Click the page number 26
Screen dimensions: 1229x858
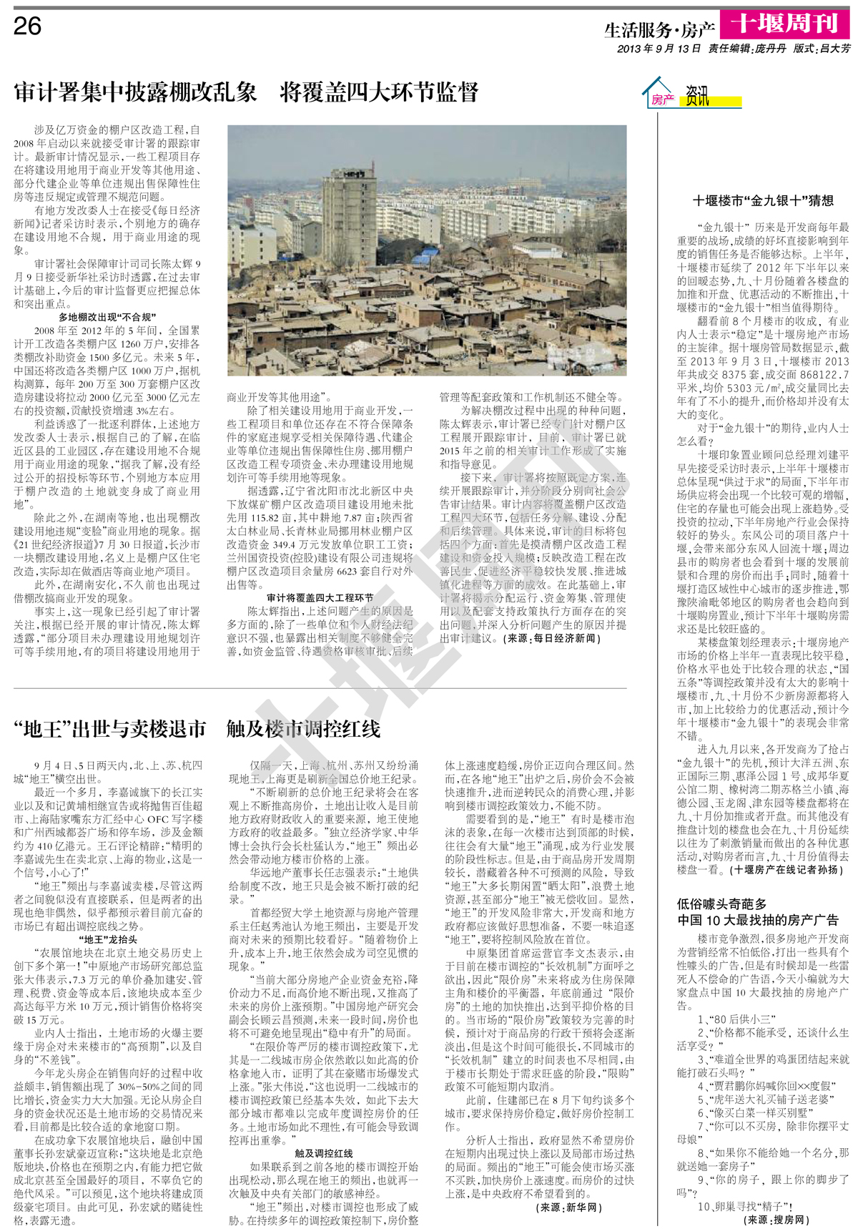click(x=28, y=26)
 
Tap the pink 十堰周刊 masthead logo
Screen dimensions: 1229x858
click(x=784, y=24)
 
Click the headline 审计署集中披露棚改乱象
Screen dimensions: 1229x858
click(x=135, y=93)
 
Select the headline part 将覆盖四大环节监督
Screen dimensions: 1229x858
click(x=379, y=93)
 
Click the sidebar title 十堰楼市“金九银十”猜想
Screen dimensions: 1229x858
click(x=763, y=201)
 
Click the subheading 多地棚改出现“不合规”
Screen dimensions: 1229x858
click(x=107, y=317)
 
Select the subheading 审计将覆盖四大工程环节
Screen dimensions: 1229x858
click(x=320, y=597)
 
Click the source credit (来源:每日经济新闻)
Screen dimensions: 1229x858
click(x=551, y=638)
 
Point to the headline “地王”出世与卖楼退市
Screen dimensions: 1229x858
click(x=110, y=729)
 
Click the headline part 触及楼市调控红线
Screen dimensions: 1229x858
click(x=303, y=729)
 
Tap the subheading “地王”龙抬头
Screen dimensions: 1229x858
click(x=107, y=939)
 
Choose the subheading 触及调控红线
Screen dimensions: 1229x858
click(x=324, y=1153)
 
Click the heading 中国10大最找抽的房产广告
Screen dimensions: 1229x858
click(x=757, y=920)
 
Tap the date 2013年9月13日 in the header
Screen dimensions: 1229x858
click(x=659, y=49)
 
